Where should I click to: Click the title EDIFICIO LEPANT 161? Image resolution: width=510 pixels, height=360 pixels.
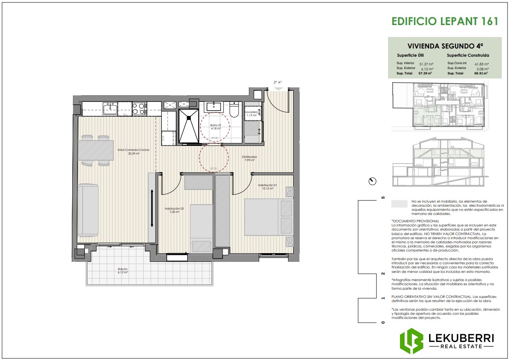coord(445,21)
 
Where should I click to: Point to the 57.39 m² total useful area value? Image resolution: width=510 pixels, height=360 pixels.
coord(425,73)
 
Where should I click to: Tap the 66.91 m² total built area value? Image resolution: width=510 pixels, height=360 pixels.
coord(481,73)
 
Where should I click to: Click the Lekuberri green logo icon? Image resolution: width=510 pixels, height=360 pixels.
coord(411,341)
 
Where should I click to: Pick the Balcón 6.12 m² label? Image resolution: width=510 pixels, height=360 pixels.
coord(123,270)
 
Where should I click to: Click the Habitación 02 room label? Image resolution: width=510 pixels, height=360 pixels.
coord(174,210)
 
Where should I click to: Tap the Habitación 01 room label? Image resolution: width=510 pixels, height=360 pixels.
coord(268,187)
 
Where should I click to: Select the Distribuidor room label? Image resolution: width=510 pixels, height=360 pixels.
coord(250,158)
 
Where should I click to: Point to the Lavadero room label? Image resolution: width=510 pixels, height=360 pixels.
coord(251,113)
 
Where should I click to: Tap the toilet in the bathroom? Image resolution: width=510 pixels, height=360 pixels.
coord(234,110)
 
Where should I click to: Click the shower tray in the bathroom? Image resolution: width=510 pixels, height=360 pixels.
coord(189,126)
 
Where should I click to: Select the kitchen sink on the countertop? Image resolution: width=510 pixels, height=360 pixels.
coord(110,108)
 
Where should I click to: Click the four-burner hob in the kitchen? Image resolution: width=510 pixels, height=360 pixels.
coord(140,108)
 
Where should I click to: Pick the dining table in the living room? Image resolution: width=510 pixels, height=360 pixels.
coord(95,150)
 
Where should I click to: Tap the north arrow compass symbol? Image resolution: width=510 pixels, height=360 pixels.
coord(372,181)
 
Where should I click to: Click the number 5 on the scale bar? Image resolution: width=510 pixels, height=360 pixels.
coord(383,198)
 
